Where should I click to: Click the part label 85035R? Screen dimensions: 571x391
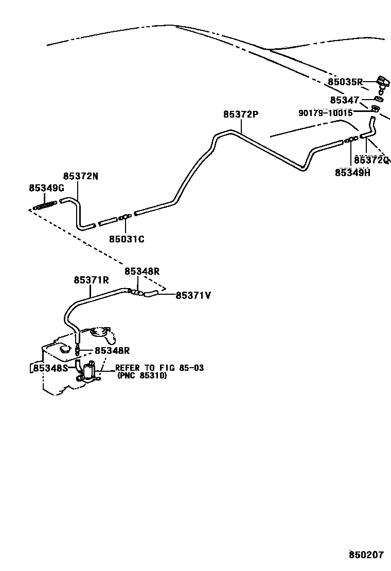(x=346, y=82)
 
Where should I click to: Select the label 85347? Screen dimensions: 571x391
(x=344, y=100)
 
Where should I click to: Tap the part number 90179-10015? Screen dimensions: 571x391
(x=326, y=113)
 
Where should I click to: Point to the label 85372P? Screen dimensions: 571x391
(x=240, y=115)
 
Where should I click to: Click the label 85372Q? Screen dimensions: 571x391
(x=371, y=160)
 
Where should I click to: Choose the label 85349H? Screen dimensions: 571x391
(x=352, y=173)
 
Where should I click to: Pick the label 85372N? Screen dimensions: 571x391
(x=80, y=177)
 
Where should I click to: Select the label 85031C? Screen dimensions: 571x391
(x=127, y=239)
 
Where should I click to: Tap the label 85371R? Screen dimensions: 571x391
(x=91, y=280)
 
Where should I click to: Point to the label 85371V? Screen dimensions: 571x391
(x=193, y=295)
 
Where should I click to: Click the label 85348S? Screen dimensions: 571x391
(x=50, y=368)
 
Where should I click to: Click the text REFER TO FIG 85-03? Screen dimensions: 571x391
(x=159, y=368)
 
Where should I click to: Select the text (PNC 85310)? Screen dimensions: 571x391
(x=142, y=375)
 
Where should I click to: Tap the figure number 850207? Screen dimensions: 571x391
(x=366, y=555)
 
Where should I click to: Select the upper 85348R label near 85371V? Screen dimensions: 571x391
(x=142, y=271)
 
